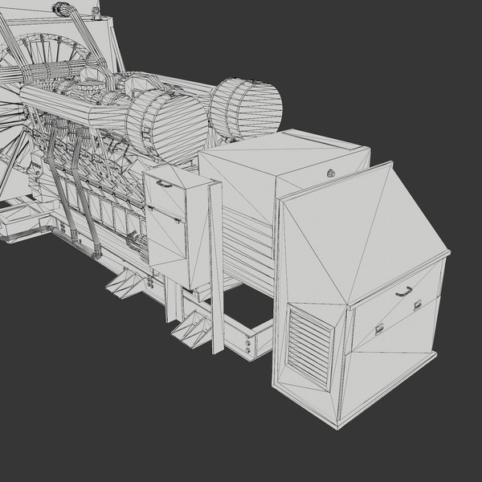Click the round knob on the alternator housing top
[330, 172]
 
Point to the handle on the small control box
[164, 183]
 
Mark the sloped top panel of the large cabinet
[353, 233]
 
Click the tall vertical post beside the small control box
[215, 265]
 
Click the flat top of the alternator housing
[281, 157]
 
